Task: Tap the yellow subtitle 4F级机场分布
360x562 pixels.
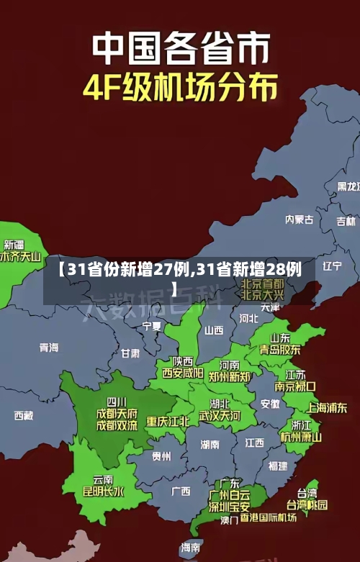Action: click(x=180, y=88)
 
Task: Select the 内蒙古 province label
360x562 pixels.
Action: click(x=299, y=199)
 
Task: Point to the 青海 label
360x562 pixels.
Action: click(x=49, y=347)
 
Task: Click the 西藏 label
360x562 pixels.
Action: click(x=23, y=415)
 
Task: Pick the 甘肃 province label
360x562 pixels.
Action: click(x=130, y=353)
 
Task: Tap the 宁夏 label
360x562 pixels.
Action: click(x=152, y=326)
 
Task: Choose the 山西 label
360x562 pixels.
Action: click(x=214, y=330)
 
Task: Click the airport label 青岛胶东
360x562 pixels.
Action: click(x=280, y=349)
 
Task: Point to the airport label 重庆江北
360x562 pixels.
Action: click(x=168, y=421)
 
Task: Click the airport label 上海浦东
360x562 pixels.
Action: click(x=327, y=407)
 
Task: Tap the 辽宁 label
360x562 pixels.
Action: click(x=332, y=266)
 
